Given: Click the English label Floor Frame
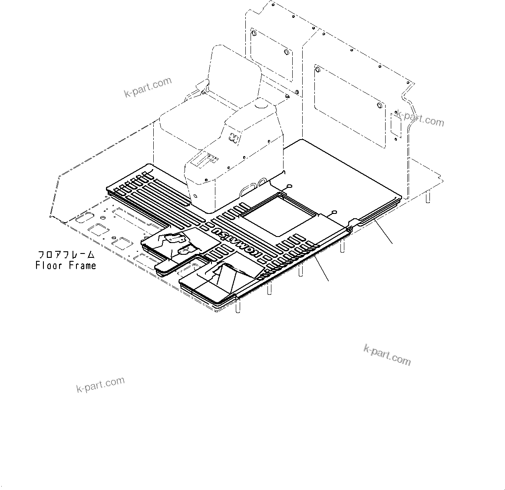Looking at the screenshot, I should pyautogui.click(x=66, y=265).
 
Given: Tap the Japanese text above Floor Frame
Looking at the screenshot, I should pyautogui.click(x=66, y=255).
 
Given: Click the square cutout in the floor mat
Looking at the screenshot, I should pyautogui.click(x=277, y=213).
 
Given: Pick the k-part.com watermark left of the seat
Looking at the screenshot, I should pyautogui.click(x=148, y=87).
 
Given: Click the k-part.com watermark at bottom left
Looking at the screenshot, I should pyautogui.click(x=100, y=384).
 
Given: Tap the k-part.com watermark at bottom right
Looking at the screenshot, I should pyautogui.click(x=387, y=355).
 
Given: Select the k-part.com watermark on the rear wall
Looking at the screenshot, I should pyautogui.click(x=420, y=118).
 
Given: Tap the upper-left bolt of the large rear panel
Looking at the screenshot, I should pyautogui.click(x=317, y=70).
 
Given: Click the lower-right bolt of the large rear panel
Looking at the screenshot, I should pyautogui.click(x=380, y=106).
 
